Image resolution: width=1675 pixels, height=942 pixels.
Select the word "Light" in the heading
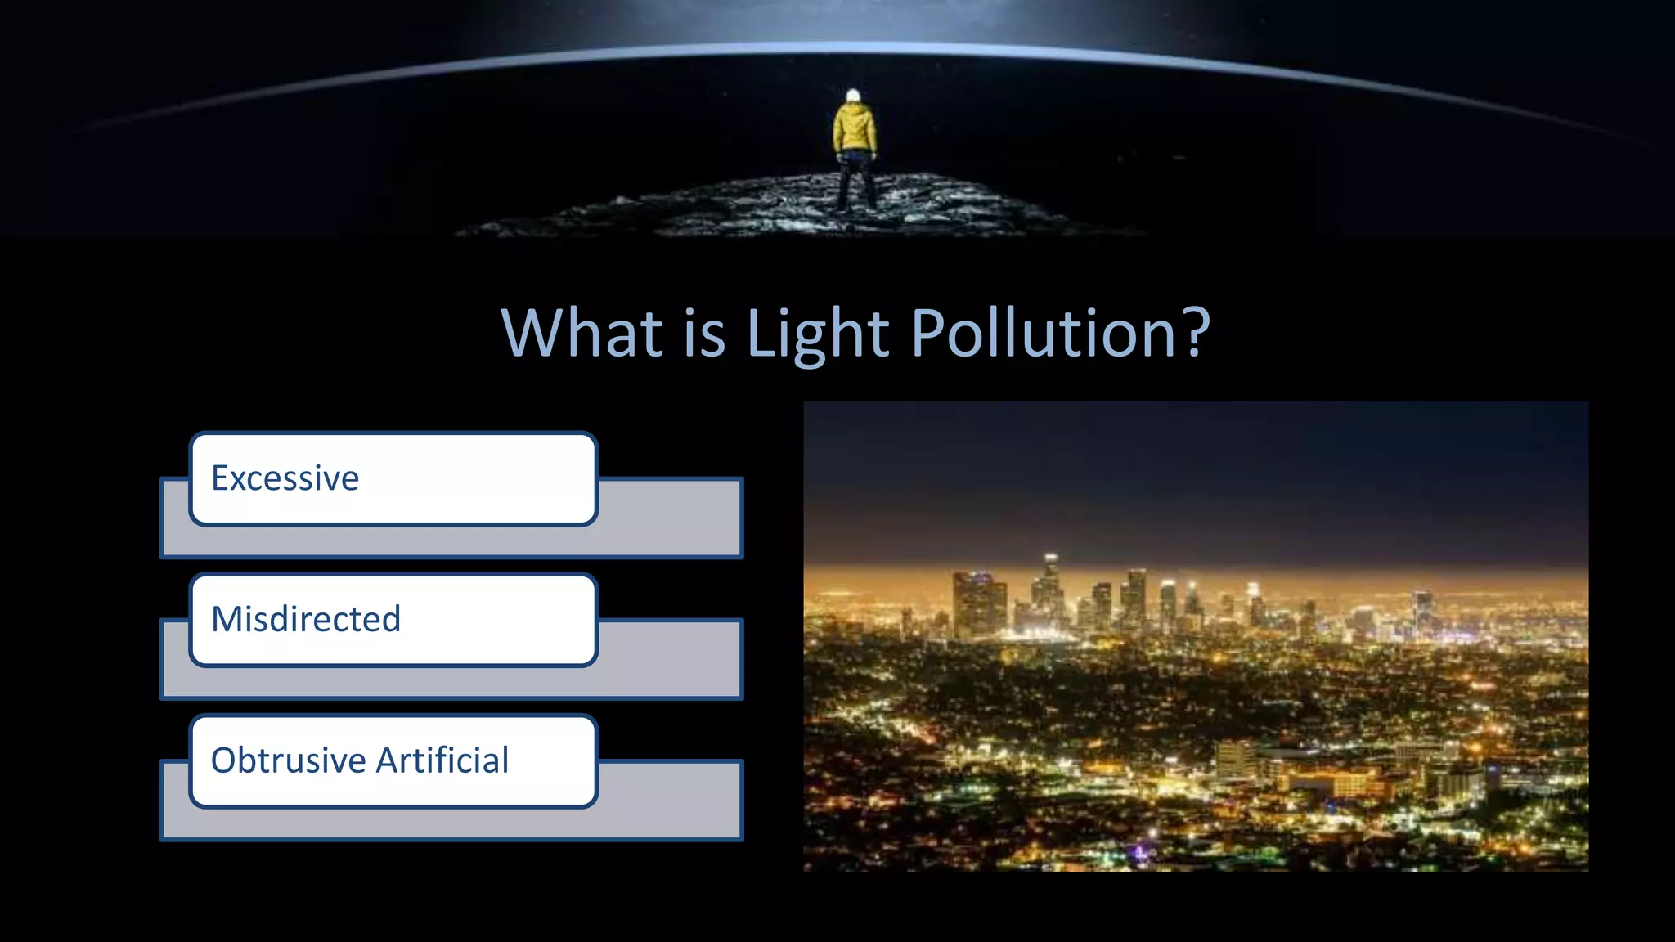(817, 334)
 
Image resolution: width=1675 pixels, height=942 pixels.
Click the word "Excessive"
(285, 478)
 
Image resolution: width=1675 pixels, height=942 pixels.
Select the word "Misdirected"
(306, 619)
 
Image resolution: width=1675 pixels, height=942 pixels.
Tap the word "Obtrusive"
(288, 760)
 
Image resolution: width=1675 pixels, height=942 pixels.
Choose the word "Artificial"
(442, 760)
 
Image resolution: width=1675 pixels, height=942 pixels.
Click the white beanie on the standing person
(853, 96)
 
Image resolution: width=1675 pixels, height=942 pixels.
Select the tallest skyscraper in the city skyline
(1049, 589)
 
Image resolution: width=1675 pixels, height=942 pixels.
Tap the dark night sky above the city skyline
(1194, 474)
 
